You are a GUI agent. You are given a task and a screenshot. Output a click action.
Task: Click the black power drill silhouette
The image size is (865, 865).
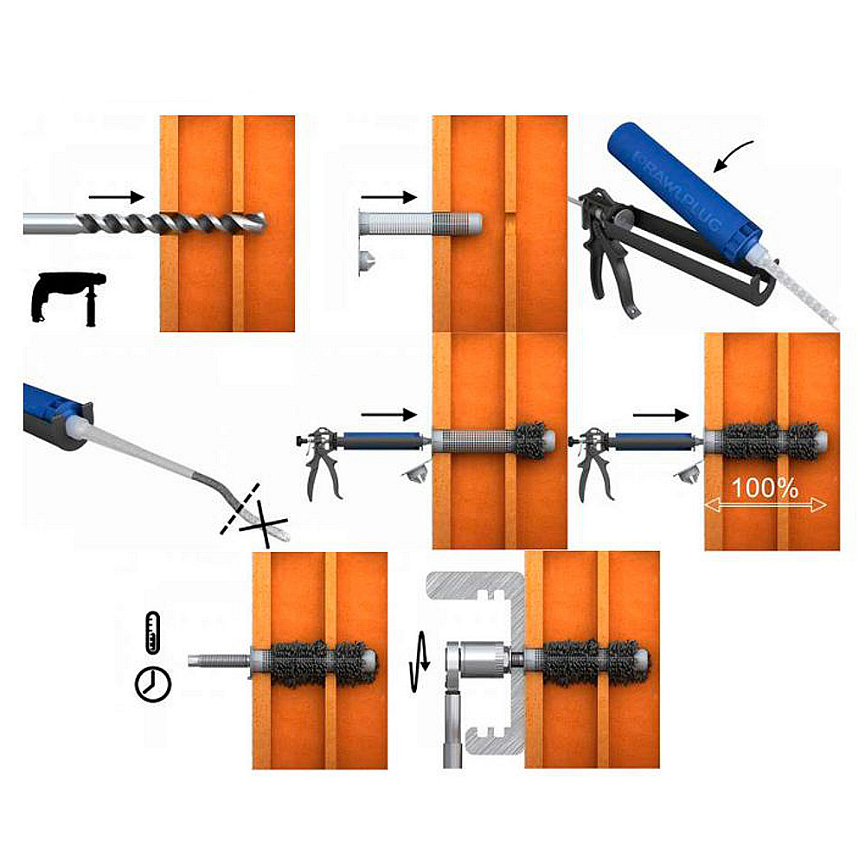(68, 298)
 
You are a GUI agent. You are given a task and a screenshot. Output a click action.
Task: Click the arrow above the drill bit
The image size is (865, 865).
(117, 197)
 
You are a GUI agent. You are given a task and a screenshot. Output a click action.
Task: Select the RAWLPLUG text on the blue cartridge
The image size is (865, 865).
(678, 189)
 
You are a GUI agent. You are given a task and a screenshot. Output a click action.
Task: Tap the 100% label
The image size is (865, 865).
(765, 488)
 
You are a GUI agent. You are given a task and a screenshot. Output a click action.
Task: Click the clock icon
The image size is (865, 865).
(153, 684)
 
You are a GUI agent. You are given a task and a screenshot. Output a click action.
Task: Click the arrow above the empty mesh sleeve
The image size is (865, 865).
(389, 197)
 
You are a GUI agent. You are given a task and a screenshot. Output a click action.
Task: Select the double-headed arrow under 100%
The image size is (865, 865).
(766, 504)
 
